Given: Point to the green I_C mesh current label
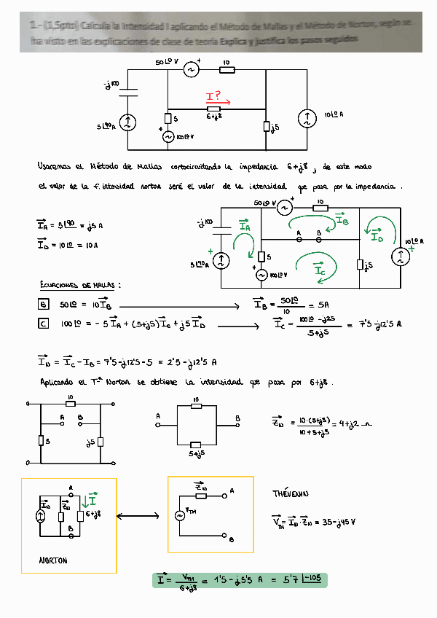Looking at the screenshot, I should coord(320,269).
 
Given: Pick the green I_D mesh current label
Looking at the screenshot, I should coord(377,236).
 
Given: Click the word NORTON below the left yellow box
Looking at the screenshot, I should coord(53,560).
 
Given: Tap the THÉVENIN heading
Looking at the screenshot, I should coord(289,493).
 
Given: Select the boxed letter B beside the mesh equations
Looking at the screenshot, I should coord(43,304).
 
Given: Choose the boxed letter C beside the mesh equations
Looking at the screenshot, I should coord(43,323).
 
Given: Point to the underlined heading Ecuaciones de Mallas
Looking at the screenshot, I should coord(79,284).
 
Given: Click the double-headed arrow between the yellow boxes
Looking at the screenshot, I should coord(141,517).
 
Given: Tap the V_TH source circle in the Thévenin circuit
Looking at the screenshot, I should coord(179,515).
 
